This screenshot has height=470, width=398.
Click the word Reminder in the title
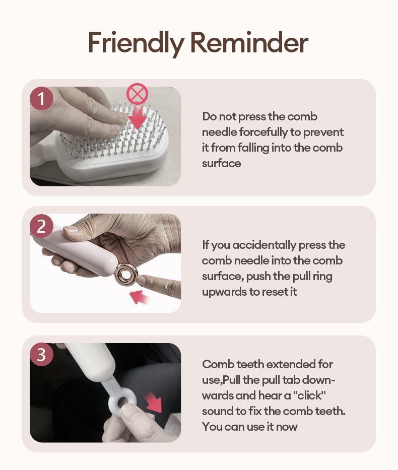pos(249,42)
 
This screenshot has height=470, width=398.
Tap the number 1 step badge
pos(41,99)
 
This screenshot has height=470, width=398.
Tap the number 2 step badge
pos(41,226)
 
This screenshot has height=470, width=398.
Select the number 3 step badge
pos(41,355)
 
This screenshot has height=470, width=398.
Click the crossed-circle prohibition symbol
pos(137,94)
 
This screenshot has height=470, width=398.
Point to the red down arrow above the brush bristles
pos(137,117)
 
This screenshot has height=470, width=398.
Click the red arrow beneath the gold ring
pos(140,297)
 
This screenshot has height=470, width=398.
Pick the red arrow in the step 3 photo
pos(154,404)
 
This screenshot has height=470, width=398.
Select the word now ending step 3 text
pos(287,427)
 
